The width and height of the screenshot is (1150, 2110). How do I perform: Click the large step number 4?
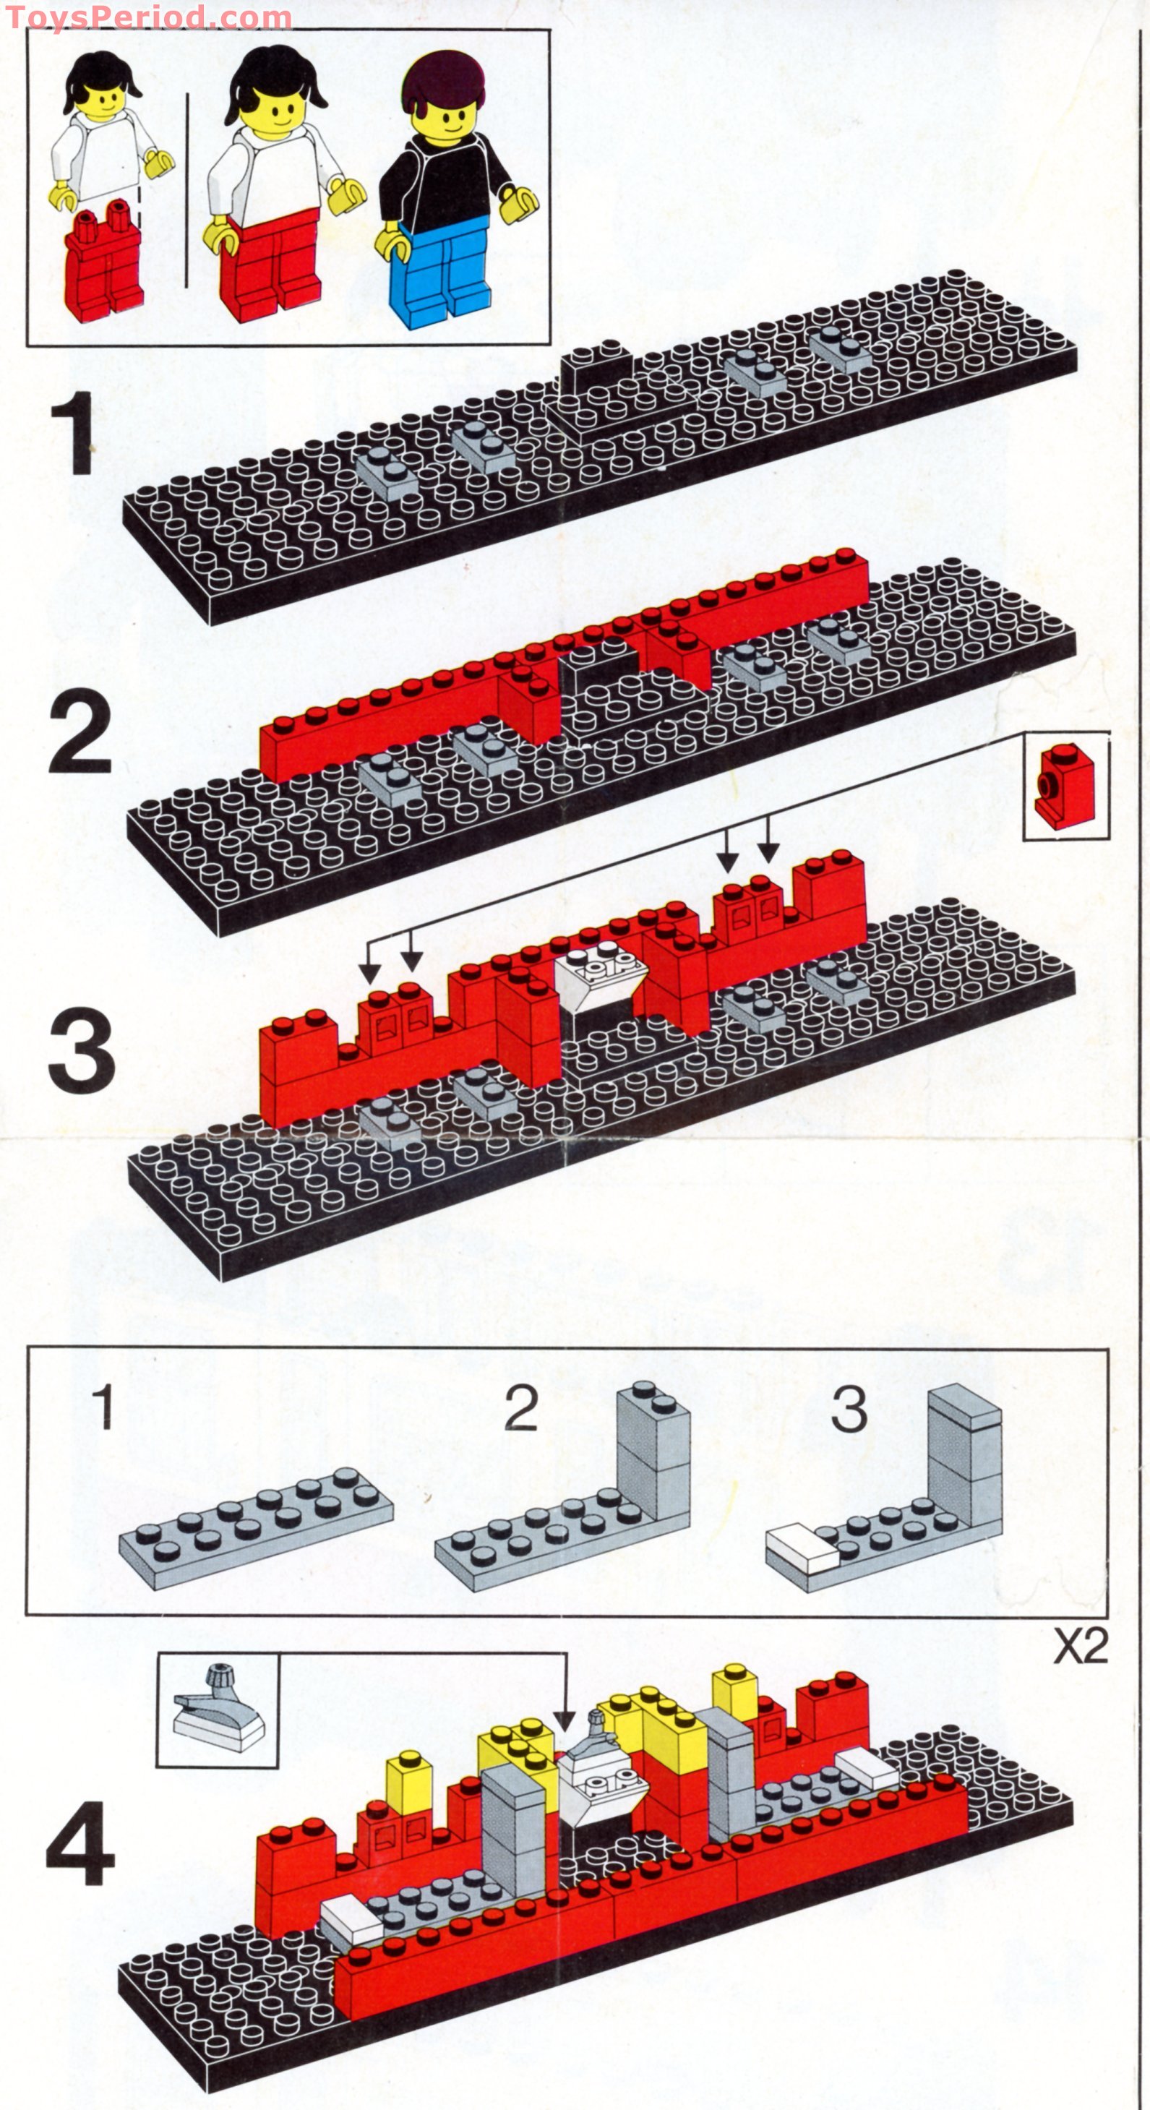[80, 1844]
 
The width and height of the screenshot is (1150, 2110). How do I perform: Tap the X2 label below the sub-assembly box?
[1080, 1646]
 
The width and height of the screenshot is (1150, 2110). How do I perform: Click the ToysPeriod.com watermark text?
[147, 17]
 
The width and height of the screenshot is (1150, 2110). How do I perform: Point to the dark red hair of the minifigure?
[442, 82]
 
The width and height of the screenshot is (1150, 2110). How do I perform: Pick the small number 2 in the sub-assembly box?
[521, 1409]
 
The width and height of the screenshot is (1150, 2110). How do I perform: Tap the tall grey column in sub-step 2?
[653, 1454]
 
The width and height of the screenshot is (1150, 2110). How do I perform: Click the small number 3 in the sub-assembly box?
[849, 1409]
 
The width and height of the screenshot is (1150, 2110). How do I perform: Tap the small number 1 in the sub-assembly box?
[103, 1407]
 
